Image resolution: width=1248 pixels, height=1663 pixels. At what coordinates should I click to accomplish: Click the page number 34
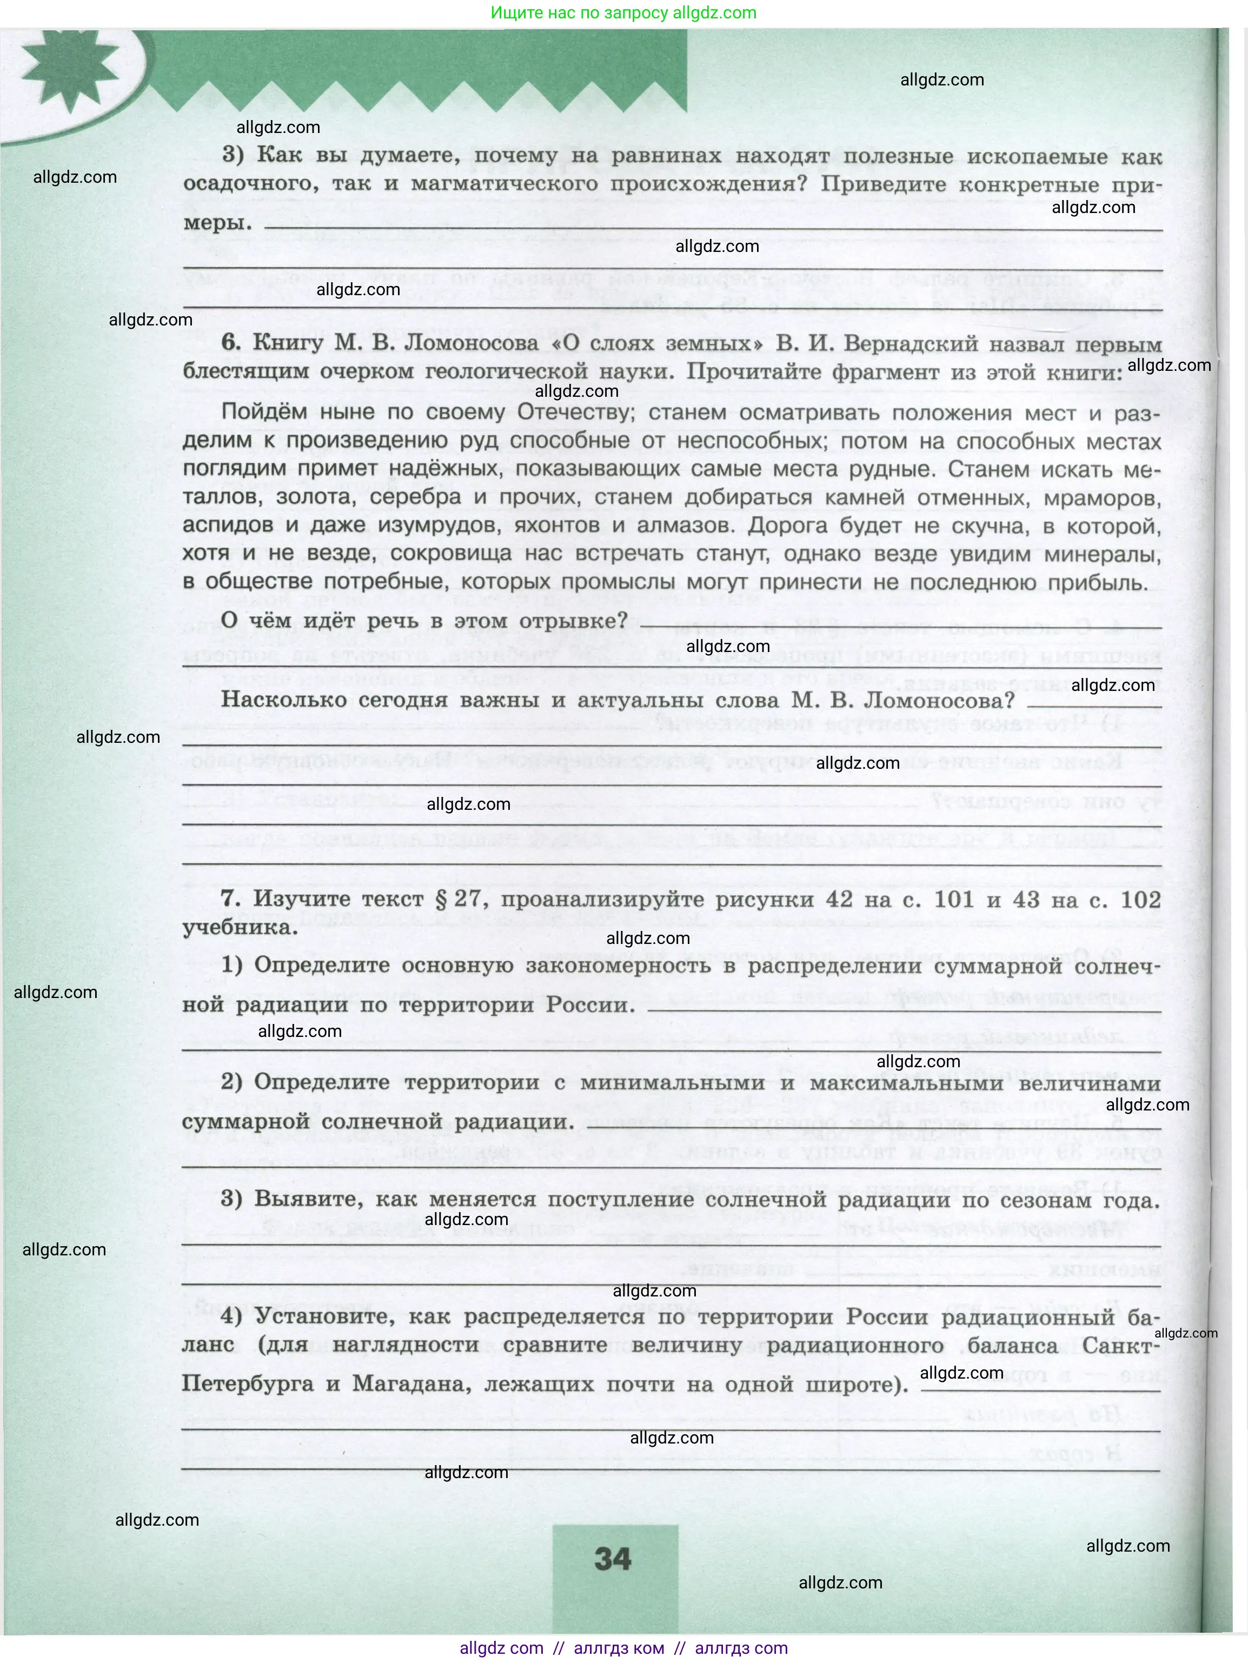(x=613, y=1559)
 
